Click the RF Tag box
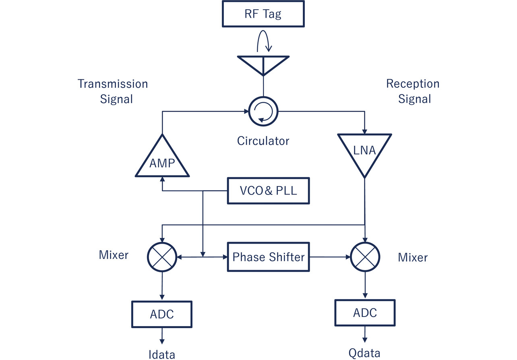click(x=263, y=14)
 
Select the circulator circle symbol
click(x=263, y=112)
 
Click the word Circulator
click(x=263, y=141)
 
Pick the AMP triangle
click(x=162, y=159)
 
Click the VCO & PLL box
click(x=268, y=190)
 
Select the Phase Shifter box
click(x=268, y=257)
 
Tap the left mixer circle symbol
click(x=162, y=257)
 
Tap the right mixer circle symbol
click(x=364, y=257)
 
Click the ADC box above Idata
click(x=162, y=314)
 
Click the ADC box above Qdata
click(x=364, y=312)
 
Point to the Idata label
click(x=162, y=354)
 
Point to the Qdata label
click(x=364, y=353)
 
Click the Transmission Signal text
click(x=113, y=91)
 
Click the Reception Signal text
click(x=413, y=91)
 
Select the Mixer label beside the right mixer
click(x=413, y=257)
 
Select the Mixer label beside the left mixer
click(x=114, y=254)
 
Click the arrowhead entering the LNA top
click(x=365, y=131)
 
